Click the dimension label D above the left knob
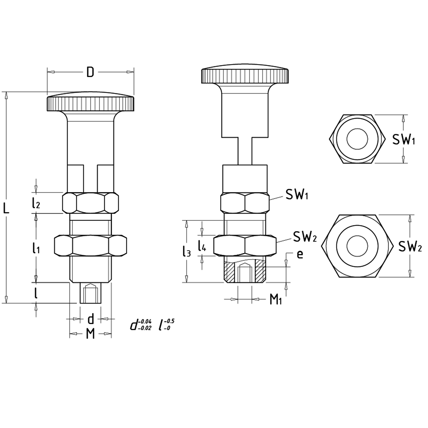[x=90, y=72]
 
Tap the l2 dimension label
[x=36, y=203]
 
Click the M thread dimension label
[x=90, y=334]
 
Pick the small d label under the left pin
[x=90, y=319]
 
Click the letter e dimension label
[x=300, y=254]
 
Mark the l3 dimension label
[x=187, y=251]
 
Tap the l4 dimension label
[x=202, y=245]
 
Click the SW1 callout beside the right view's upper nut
[x=297, y=195]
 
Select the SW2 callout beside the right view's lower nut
[x=305, y=237]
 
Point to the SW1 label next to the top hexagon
[x=403, y=140]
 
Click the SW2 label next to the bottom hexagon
[x=410, y=247]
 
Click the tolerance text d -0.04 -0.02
[x=141, y=325]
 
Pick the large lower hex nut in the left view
[x=90, y=245]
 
